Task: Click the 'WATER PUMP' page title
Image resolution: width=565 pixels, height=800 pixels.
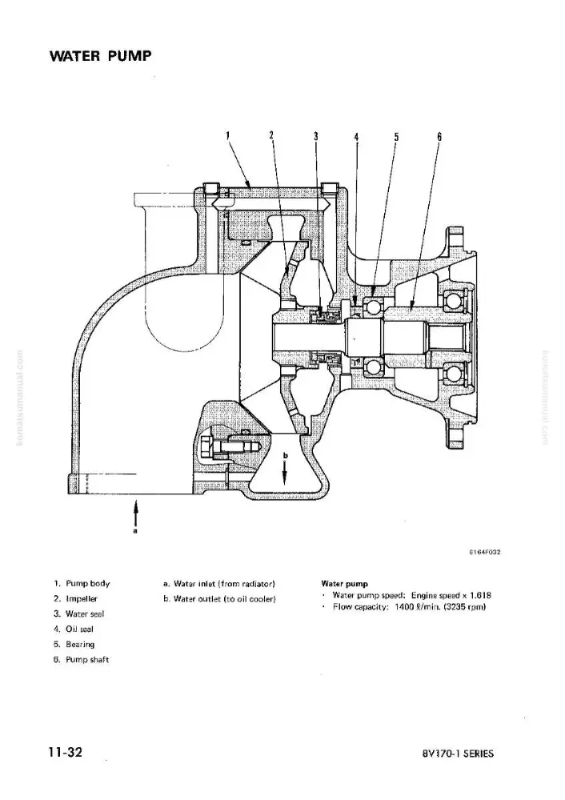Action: [101, 56]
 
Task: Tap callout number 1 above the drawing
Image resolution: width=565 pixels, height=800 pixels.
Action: [228, 135]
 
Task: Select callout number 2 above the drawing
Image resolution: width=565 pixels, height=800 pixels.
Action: [271, 135]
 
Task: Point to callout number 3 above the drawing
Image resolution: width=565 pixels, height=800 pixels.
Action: [316, 136]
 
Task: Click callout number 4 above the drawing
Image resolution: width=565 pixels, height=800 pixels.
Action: [356, 136]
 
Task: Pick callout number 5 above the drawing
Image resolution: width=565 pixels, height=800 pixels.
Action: [396, 136]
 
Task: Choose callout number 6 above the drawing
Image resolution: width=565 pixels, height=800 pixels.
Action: [439, 136]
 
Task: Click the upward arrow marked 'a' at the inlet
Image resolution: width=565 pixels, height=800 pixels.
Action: [136, 512]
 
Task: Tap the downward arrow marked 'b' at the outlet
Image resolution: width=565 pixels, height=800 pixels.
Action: [286, 470]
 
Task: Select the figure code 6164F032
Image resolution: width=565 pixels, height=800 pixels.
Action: [485, 552]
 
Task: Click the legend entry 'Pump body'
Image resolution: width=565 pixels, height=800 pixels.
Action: [87, 584]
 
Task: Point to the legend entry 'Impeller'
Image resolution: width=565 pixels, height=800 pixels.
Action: [81, 599]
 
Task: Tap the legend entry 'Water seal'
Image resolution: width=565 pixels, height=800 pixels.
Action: [85, 614]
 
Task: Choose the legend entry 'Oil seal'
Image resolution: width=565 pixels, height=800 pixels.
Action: [79, 630]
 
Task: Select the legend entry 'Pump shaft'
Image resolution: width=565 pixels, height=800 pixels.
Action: [87, 660]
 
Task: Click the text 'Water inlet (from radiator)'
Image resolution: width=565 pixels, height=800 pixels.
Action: [224, 584]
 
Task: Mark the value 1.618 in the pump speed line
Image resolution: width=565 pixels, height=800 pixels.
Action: [481, 595]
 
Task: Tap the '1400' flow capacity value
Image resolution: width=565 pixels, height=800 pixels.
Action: [403, 607]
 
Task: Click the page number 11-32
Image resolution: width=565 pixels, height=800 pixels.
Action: [66, 752]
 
